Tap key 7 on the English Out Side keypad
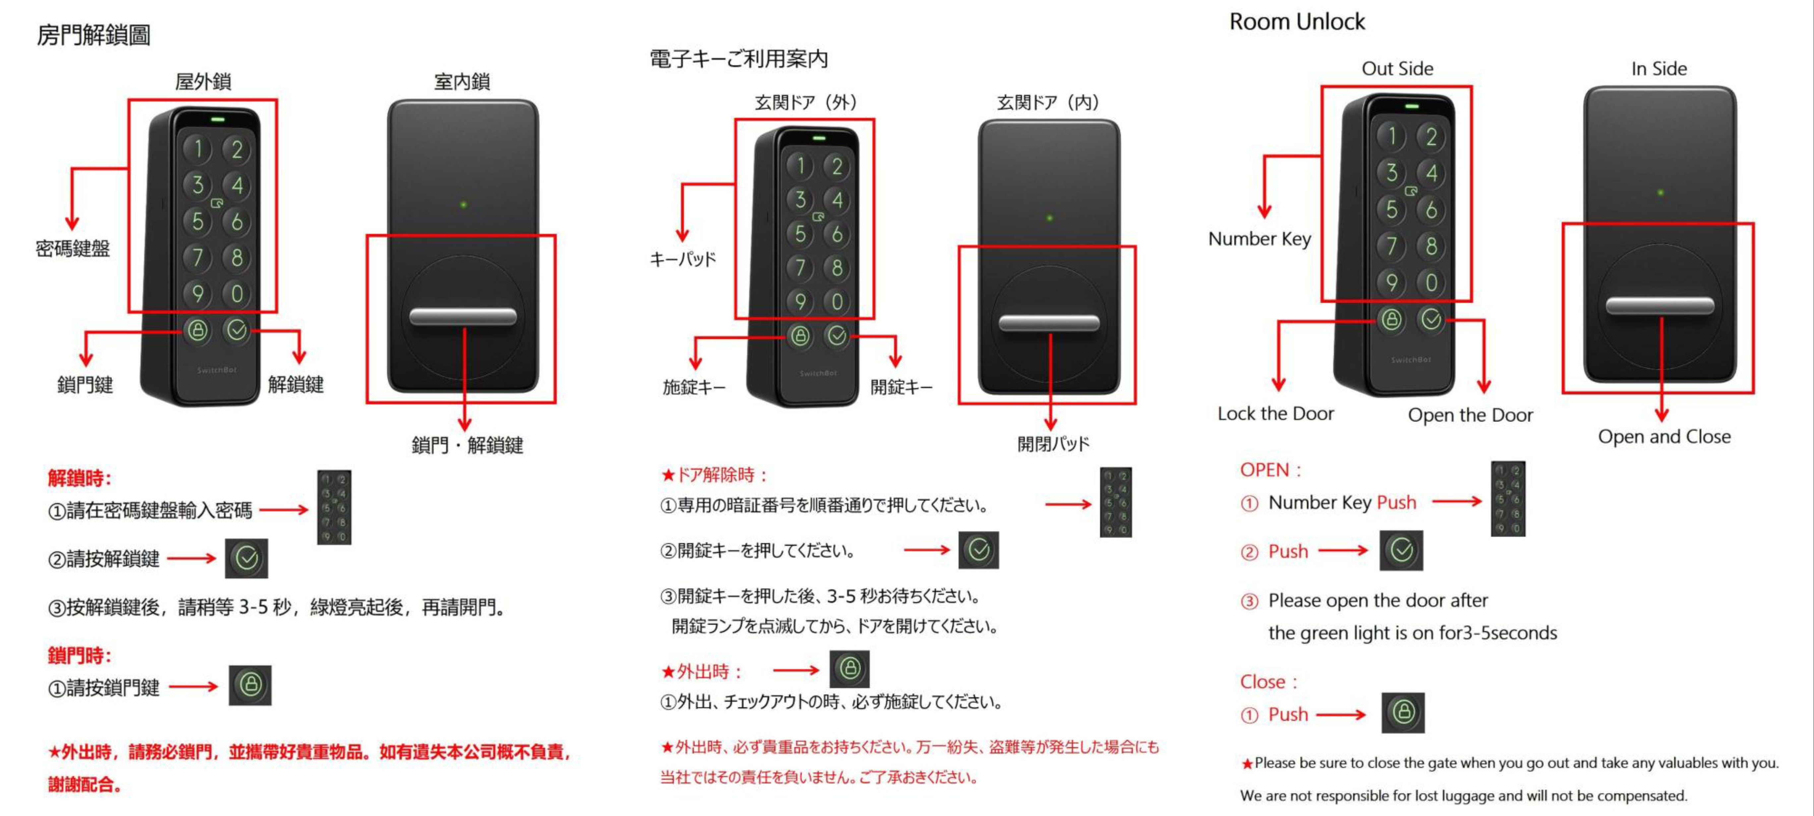1391,246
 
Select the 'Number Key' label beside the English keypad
1259,239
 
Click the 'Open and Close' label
1663,437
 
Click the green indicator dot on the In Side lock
1660,192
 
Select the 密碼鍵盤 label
73,249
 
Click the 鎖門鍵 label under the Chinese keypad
85,384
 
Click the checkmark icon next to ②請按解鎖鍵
246,558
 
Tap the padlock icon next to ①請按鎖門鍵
250,684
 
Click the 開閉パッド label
1053,443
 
